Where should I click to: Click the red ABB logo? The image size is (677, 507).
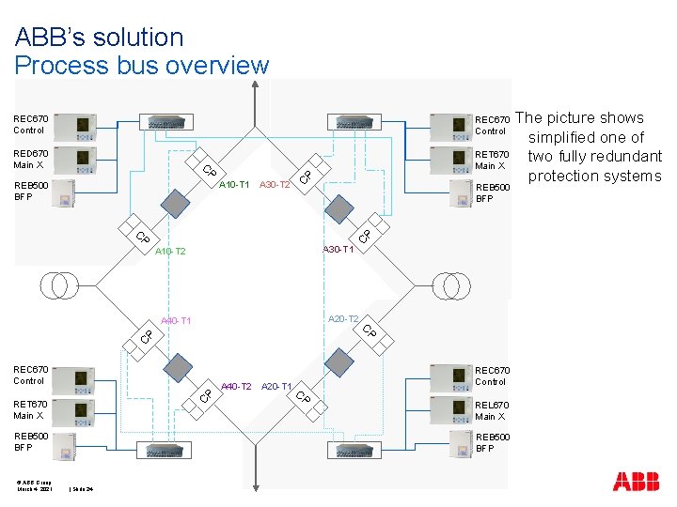(x=636, y=482)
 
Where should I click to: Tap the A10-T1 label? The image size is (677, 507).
(x=233, y=185)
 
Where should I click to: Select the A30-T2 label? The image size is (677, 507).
(x=275, y=185)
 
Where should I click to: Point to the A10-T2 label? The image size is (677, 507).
(x=170, y=252)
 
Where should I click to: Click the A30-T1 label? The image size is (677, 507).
(x=338, y=250)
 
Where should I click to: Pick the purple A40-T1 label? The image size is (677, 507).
(x=176, y=321)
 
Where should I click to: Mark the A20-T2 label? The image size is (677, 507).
(x=342, y=320)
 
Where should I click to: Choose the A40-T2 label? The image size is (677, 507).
(x=235, y=387)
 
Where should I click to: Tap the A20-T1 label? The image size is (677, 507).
(x=276, y=387)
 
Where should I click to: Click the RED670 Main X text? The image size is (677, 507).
(x=30, y=159)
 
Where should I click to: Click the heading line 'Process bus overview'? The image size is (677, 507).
(x=141, y=66)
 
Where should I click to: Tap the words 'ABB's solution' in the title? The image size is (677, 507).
(x=99, y=38)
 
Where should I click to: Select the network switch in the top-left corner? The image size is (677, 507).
(x=166, y=121)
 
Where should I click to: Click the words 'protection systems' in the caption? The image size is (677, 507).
(x=594, y=177)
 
